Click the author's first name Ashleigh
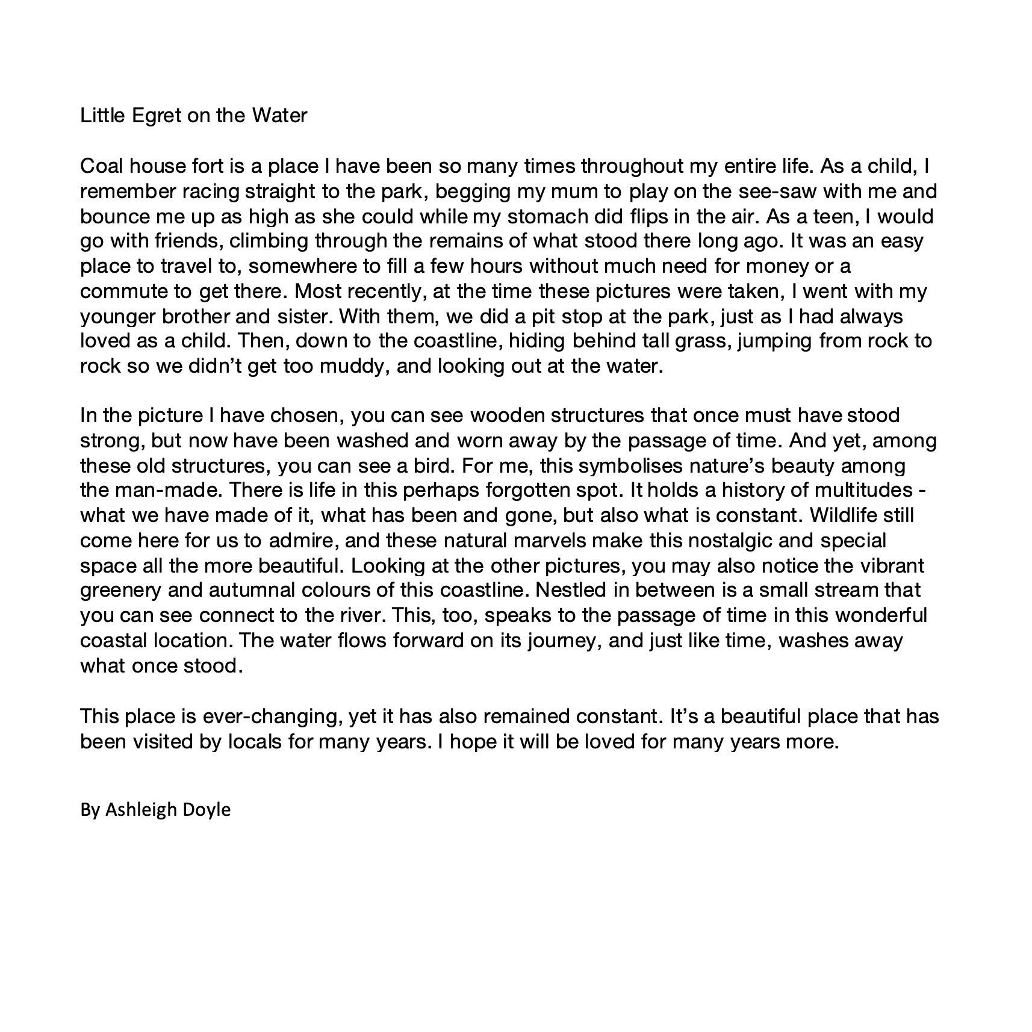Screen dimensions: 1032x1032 [x=144, y=810]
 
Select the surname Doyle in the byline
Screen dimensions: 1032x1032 [x=209, y=810]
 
